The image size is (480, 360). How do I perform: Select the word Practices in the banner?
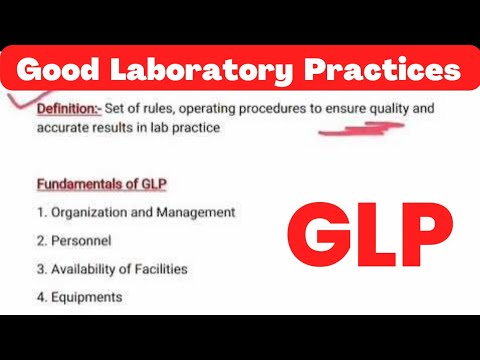(x=376, y=71)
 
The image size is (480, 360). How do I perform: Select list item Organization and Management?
(x=136, y=212)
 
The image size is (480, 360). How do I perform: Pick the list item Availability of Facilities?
(x=112, y=268)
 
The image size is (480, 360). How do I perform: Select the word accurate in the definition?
(x=60, y=127)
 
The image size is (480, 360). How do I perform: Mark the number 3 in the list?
(x=40, y=268)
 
